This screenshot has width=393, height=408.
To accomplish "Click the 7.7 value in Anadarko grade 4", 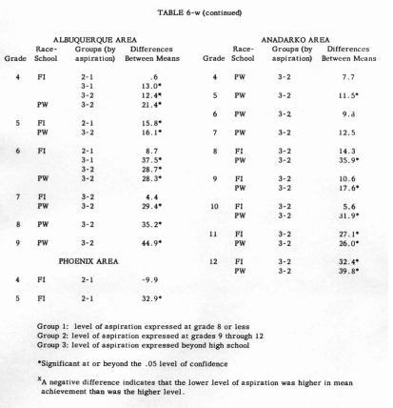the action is (x=340, y=73).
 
